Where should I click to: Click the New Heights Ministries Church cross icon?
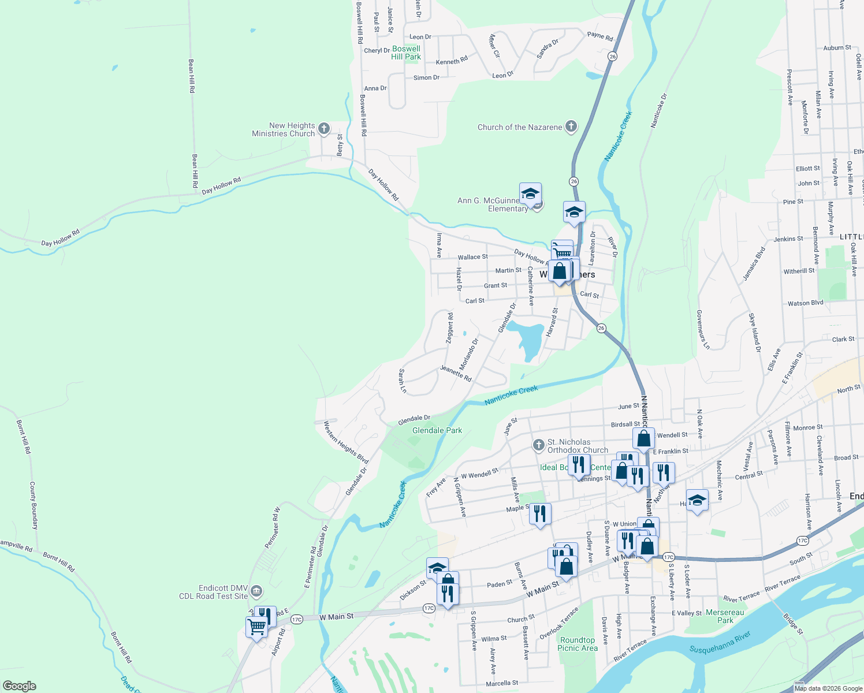click(x=324, y=128)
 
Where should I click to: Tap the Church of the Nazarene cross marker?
click(x=571, y=126)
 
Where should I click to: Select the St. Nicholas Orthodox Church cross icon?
click(x=538, y=445)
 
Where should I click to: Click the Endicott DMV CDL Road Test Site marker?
click(x=256, y=591)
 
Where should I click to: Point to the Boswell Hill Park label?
click(x=406, y=53)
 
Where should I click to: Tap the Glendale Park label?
click(x=437, y=430)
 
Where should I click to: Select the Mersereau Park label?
click(x=725, y=616)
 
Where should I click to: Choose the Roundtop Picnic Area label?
click(x=578, y=644)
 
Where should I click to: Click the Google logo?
click(x=19, y=685)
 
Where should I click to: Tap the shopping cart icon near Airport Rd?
click(x=256, y=626)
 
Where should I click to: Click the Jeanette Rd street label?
click(x=456, y=373)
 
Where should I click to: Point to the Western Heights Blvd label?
click(x=345, y=442)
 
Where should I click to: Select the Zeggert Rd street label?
click(x=450, y=329)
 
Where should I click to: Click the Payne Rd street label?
click(x=600, y=36)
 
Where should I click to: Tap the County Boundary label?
click(x=34, y=505)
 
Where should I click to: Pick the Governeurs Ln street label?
click(x=703, y=330)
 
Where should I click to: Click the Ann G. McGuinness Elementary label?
click(x=492, y=204)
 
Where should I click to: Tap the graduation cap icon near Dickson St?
click(x=437, y=567)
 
